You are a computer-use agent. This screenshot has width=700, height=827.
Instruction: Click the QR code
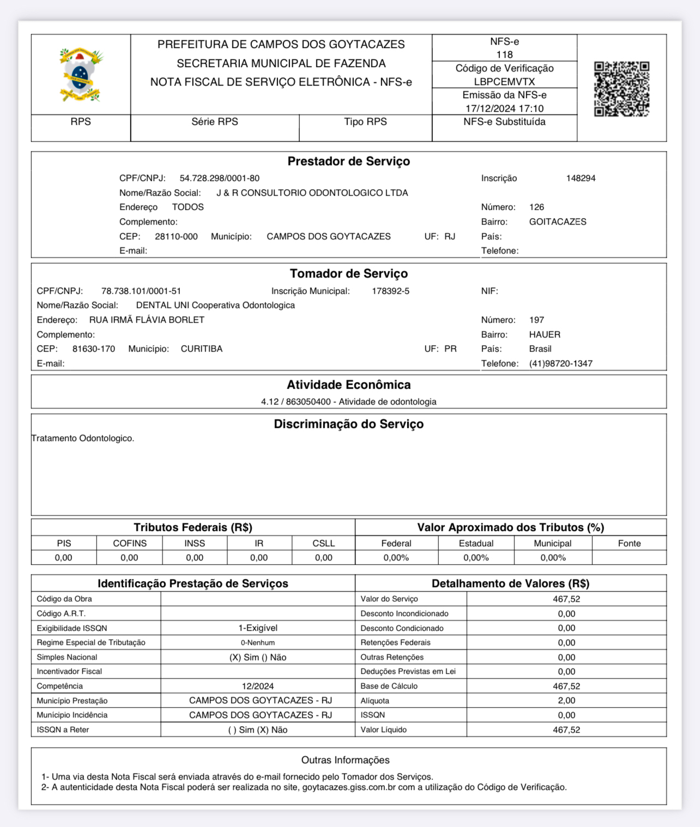[x=621, y=89]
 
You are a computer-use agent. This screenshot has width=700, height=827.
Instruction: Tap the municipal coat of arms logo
[x=81, y=75]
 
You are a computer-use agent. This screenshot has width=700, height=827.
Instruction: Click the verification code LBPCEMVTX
[x=504, y=82]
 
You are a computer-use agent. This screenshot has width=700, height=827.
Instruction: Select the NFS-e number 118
[x=504, y=55]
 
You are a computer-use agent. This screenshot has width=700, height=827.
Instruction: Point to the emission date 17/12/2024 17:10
[x=504, y=108]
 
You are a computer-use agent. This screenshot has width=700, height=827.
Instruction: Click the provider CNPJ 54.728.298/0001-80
[x=220, y=178]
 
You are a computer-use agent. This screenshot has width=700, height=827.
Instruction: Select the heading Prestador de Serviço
[x=348, y=161]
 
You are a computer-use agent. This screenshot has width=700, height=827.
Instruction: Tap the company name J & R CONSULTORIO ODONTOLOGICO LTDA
[x=312, y=193]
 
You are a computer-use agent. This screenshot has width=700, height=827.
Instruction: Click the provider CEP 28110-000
[x=176, y=237]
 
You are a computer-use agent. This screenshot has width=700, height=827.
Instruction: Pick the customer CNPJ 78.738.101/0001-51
[x=141, y=291]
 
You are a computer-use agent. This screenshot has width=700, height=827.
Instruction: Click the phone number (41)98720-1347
[x=560, y=364]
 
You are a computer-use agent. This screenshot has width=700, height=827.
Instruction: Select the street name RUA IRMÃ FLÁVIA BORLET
[x=147, y=320]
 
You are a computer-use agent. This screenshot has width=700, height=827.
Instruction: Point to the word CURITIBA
[x=202, y=349]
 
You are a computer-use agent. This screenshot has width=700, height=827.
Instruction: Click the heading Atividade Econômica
[x=348, y=385]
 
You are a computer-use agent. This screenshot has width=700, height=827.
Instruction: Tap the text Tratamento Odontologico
[x=83, y=438]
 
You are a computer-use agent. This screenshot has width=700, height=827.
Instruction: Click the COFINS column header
[x=130, y=544]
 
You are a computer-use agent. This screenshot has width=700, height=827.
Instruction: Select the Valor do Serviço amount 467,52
[x=566, y=599]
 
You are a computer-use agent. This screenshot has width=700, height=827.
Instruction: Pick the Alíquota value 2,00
[x=566, y=701]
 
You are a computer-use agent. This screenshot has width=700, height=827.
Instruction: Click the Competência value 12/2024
[x=258, y=686]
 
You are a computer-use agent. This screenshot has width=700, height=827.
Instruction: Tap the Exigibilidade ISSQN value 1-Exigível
[x=258, y=628]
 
